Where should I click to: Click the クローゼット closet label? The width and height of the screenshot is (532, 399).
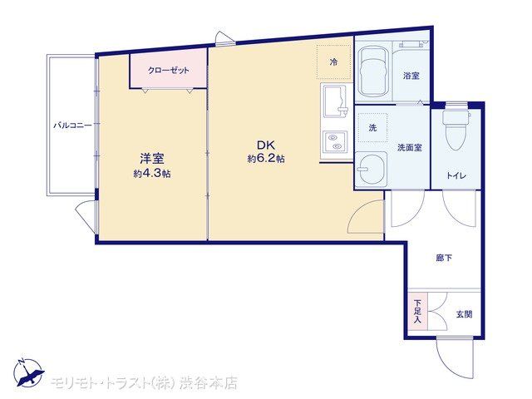[x=168, y=71]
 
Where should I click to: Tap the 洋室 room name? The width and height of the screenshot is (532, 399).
[x=152, y=159]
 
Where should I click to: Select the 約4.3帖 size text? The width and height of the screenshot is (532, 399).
[x=152, y=174]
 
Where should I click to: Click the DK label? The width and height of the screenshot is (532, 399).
[x=266, y=145]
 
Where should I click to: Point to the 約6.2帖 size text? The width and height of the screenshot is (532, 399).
[x=266, y=159]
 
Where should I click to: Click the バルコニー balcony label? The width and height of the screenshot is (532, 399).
[x=72, y=126]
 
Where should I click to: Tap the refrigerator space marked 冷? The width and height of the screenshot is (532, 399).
[x=334, y=62]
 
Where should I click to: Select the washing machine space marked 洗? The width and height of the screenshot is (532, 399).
[x=372, y=127]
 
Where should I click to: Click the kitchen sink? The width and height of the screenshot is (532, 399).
[x=334, y=101]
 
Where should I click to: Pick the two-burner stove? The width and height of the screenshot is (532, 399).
[x=334, y=142]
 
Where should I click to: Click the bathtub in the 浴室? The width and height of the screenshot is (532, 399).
[x=373, y=71]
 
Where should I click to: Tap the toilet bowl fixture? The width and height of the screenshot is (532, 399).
[x=456, y=130]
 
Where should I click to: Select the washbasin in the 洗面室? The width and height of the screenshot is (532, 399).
[x=372, y=169]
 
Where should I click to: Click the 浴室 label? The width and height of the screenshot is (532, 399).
[x=411, y=76]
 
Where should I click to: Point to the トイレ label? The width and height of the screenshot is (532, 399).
[x=456, y=175]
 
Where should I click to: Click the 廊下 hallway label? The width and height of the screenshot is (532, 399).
[x=444, y=258]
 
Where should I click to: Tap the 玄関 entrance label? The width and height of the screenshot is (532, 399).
[x=464, y=314]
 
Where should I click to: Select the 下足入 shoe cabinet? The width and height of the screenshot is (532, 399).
[x=417, y=311]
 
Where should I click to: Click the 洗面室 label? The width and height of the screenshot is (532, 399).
[x=410, y=148]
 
